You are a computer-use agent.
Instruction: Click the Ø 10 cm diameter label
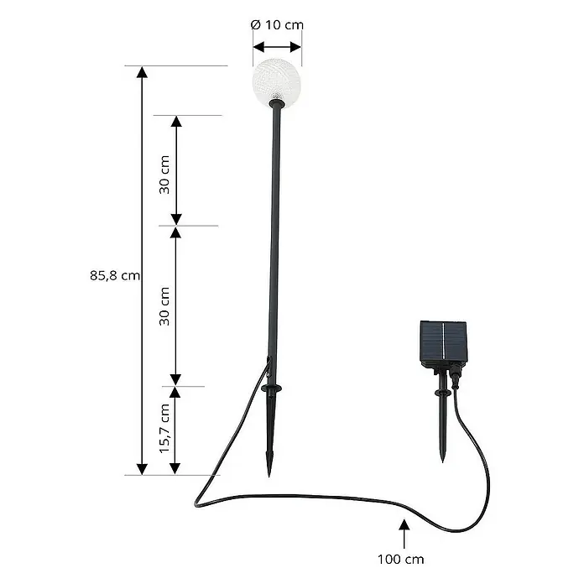coord(278,24)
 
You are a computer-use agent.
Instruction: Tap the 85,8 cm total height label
coord(115,275)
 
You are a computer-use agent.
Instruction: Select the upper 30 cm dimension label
coord(164,175)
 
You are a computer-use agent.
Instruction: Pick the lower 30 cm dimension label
coord(164,306)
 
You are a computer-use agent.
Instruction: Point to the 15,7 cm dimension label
coord(164,429)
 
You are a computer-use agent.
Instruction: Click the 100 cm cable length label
coord(401,560)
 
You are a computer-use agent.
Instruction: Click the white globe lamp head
coord(277,82)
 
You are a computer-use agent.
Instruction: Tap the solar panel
coord(444,340)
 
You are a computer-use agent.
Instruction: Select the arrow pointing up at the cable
coord(404,534)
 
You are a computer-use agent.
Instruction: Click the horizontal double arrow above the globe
coord(277,47)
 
